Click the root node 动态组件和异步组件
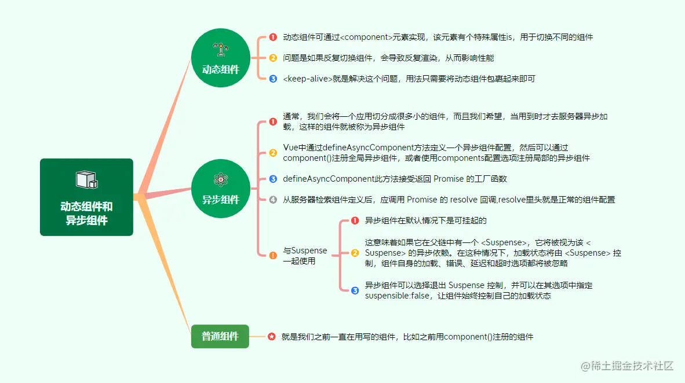tap(86, 197)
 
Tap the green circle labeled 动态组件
tap(220, 58)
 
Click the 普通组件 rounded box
tap(220, 336)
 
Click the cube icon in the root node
tap(86, 180)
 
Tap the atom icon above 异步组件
tap(220, 179)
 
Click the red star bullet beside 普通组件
tap(272, 336)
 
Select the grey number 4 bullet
tap(273, 200)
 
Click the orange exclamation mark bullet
tap(273, 256)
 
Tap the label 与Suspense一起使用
tap(305, 256)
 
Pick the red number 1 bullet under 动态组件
tap(273, 37)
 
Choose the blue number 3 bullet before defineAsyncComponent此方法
tap(273, 179)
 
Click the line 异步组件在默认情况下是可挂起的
tap(425, 220)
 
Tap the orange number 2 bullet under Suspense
tap(355, 253)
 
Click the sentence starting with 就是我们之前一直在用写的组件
tap(407, 336)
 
